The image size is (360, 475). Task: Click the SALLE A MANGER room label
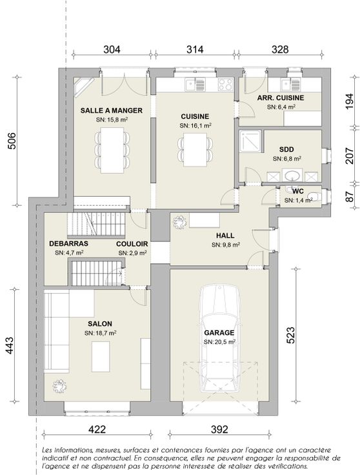pyautogui.click(x=112, y=110)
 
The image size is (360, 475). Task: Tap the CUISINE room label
pyautogui.click(x=195, y=116)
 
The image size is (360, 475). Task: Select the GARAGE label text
pyautogui.click(x=219, y=332)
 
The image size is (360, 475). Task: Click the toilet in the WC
pyautogui.click(x=315, y=196)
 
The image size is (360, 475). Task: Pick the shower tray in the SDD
pyautogui.click(x=250, y=141)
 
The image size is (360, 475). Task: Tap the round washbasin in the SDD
pyautogui.click(x=292, y=175)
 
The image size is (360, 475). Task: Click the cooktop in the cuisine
pyautogui.click(x=226, y=85)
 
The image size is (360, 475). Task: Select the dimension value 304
pyautogui.click(x=112, y=49)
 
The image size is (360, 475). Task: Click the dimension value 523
pyautogui.click(x=290, y=335)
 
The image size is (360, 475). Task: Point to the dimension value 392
pyautogui.click(x=219, y=429)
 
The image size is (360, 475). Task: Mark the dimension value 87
pyautogui.click(x=350, y=197)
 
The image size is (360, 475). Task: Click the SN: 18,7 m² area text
pyautogui.click(x=101, y=333)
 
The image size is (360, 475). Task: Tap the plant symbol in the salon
pyautogui.click(x=59, y=386)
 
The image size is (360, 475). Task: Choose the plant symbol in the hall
pyautogui.click(x=179, y=222)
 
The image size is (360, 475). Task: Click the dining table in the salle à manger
pyautogui.click(x=112, y=150)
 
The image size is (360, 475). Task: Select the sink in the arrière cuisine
pyautogui.click(x=290, y=85)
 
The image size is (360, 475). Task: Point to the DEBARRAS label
pyautogui.click(x=69, y=243)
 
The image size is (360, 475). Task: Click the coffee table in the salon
pyautogui.click(x=101, y=356)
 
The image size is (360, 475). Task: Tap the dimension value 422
pyautogui.click(x=97, y=429)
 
